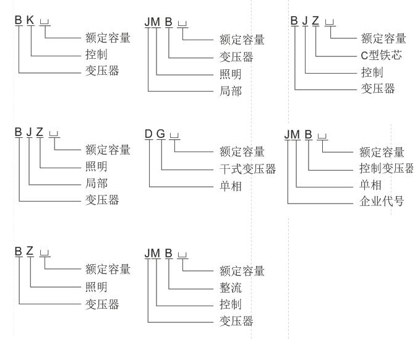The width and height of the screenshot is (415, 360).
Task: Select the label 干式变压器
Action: (247, 169)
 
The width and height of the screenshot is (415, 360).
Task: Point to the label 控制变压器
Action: (386, 168)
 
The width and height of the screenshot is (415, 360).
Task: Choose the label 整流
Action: (231, 288)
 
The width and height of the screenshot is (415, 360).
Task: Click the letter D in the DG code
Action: (149, 135)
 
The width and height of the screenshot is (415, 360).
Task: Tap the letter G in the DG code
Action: (160, 135)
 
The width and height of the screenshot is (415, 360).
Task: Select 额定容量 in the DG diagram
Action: (242, 152)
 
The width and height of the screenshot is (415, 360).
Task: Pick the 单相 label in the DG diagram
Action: (231, 186)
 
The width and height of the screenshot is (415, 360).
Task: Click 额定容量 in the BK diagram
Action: (108, 38)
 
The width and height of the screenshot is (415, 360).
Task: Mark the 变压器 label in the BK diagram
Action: (102, 71)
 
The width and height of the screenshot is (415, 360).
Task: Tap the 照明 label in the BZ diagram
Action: (96, 287)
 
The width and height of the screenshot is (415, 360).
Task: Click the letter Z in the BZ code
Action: (30, 252)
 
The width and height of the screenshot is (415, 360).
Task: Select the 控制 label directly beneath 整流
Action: (231, 304)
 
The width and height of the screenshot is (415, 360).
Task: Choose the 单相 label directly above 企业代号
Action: (370, 185)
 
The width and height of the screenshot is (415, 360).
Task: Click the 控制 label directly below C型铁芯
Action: (371, 72)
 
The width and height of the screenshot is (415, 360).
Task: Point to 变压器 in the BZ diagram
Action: (102, 304)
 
